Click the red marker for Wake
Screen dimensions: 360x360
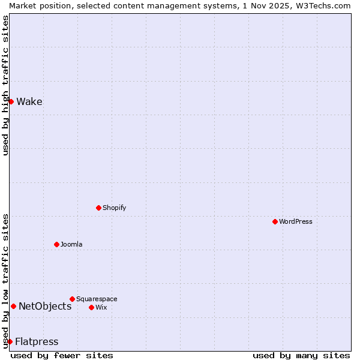(11, 101)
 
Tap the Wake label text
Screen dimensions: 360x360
(29, 101)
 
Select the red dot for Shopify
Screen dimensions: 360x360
(98, 208)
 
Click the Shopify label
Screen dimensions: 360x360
(114, 208)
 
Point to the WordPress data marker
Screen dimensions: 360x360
(275, 221)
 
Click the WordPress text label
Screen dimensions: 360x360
(295, 221)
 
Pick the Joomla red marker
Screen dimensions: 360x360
(56, 244)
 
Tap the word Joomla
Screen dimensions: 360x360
(71, 244)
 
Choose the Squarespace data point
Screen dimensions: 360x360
(72, 299)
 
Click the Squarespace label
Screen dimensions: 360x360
(97, 299)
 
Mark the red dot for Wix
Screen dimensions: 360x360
(91, 307)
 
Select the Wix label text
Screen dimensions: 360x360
(101, 307)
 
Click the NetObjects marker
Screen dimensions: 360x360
(13, 306)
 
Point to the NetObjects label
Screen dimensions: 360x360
(45, 306)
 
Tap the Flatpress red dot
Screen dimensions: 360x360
(10, 341)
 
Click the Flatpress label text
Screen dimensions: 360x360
(37, 341)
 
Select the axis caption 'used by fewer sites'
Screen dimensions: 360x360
(62, 355)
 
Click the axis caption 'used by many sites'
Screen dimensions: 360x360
(301, 355)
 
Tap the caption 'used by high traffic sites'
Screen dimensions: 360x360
(5, 85)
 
